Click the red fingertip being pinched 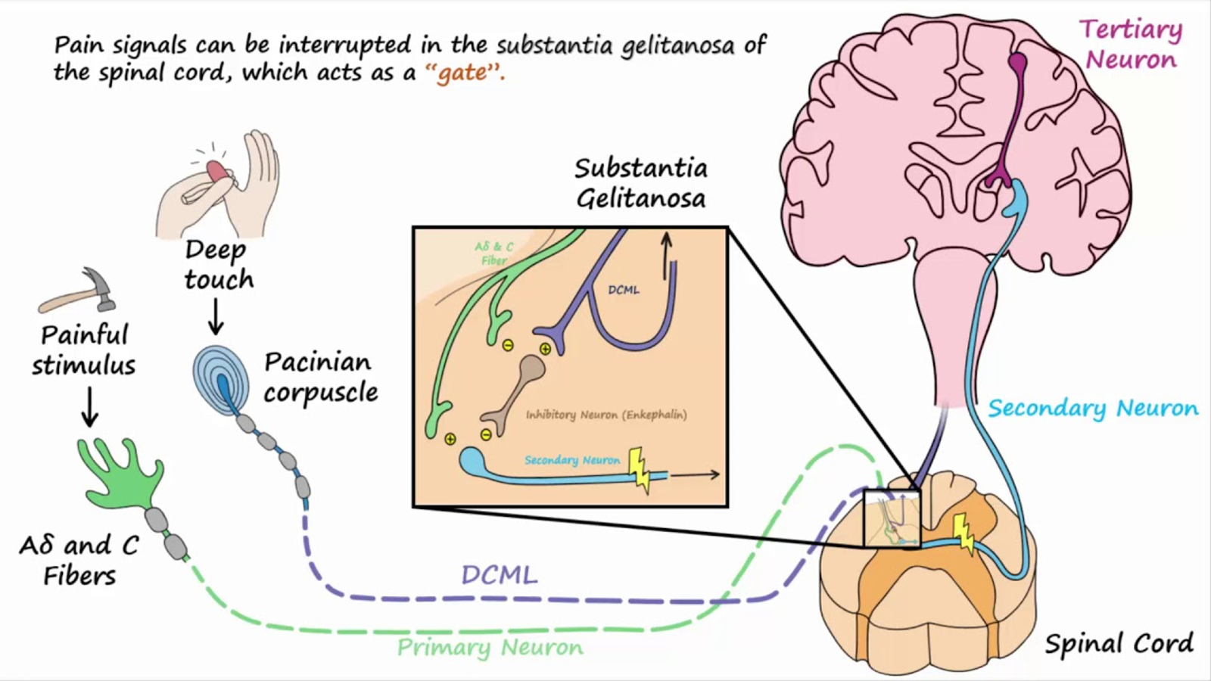pos(216,169)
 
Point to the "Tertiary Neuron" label pos(1131,44)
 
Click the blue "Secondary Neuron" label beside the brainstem pos(1092,409)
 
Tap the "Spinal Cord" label pos(1119,644)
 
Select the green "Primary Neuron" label pos(490,648)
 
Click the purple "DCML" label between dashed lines pos(499,575)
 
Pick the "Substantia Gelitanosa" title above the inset pos(640,183)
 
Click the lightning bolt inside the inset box pos(640,469)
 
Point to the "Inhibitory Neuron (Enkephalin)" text pos(606,415)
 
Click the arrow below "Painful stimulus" pos(90,407)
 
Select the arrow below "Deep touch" pos(216,316)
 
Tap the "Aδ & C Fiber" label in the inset pos(493,253)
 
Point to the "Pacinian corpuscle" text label pos(320,377)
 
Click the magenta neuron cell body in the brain pos(1018,62)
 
